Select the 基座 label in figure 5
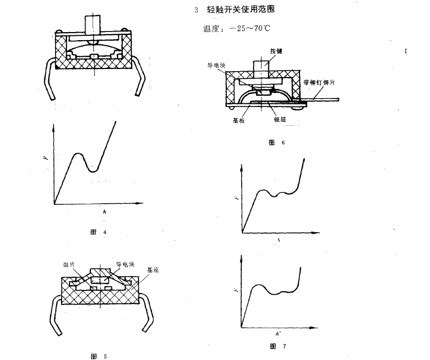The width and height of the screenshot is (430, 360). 153,271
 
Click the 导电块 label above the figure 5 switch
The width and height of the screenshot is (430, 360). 125,264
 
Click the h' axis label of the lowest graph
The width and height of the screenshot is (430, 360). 277,333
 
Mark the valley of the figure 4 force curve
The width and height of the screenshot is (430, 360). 94,171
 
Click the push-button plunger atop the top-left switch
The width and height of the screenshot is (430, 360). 93,23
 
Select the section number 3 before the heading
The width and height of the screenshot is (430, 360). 196,10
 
